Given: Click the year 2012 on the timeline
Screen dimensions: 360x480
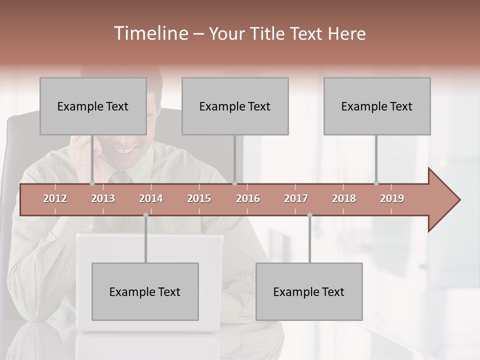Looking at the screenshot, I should pyautogui.click(x=55, y=198).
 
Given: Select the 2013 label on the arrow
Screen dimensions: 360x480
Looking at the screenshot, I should pyautogui.click(x=103, y=198).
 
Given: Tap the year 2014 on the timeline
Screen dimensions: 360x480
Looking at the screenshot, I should pyautogui.click(x=151, y=198).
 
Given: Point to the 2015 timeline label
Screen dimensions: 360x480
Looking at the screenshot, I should pyautogui.click(x=199, y=198).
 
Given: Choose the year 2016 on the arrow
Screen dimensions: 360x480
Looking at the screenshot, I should pyautogui.click(x=248, y=198).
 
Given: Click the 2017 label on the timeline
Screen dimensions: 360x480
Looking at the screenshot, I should pyautogui.click(x=296, y=198).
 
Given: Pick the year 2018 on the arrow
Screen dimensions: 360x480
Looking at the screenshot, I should pyautogui.click(x=344, y=198).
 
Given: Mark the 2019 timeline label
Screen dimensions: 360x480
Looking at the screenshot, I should pyautogui.click(x=392, y=198).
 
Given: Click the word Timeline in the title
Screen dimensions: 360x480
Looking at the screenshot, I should pyautogui.click(x=150, y=33).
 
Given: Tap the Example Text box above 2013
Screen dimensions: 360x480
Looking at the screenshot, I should pyautogui.click(x=93, y=106).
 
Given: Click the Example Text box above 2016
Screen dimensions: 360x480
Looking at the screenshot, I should pyautogui.click(x=235, y=106).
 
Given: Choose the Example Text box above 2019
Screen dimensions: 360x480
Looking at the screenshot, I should pyautogui.click(x=377, y=106).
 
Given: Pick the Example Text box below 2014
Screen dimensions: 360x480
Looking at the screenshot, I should pyautogui.click(x=145, y=291).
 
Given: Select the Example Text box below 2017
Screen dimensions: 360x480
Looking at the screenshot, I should pyautogui.click(x=309, y=291).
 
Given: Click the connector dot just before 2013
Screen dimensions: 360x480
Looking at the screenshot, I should pyautogui.click(x=92, y=183).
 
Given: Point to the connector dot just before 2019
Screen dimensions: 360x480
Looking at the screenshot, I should pyautogui.click(x=376, y=183).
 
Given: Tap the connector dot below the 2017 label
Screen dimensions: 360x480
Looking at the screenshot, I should pyautogui.click(x=309, y=215).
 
